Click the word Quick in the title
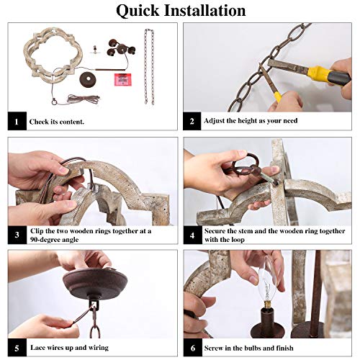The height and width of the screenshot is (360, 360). tap(138, 11)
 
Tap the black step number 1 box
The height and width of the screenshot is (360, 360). tap(17, 121)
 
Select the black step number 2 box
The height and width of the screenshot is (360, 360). tap(192, 121)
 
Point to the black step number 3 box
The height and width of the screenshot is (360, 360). tap(17, 235)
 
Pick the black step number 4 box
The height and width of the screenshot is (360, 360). tap(192, 235)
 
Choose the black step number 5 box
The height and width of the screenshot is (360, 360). tap(17, 348)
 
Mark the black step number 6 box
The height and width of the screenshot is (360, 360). tap(193, 348)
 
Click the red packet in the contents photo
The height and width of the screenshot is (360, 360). tap(123, 79)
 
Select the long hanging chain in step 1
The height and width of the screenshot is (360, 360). tap(149, 67)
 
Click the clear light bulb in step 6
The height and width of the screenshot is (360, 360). tap(268, 282)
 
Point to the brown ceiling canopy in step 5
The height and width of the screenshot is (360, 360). tap(95, 284)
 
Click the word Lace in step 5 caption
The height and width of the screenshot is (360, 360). tap(37, 348)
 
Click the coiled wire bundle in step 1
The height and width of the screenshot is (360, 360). tap(83, 99)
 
